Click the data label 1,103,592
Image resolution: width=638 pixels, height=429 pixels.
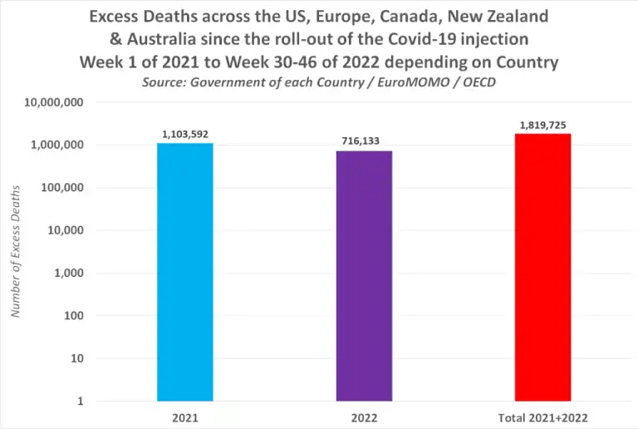click(184, 133)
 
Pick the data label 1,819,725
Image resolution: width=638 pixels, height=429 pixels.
click(542, 125)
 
